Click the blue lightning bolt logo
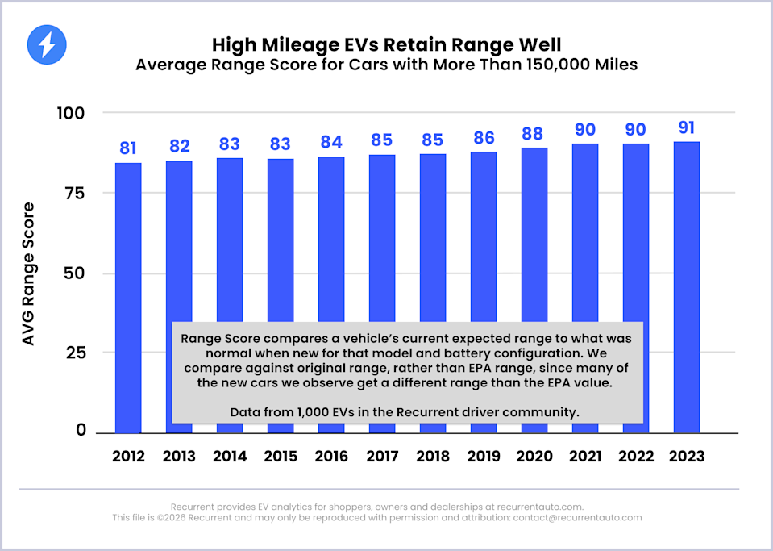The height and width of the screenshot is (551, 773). pos(46,44)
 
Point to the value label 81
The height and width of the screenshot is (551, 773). pos(128,148)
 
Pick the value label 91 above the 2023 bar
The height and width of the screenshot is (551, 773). pos(687,128)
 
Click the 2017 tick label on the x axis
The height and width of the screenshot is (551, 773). pos(382,457)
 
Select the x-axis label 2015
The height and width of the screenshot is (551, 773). pos(281,457)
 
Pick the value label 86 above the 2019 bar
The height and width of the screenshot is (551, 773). pos(484,138)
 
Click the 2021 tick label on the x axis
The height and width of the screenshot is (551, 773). pos(585,457)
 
